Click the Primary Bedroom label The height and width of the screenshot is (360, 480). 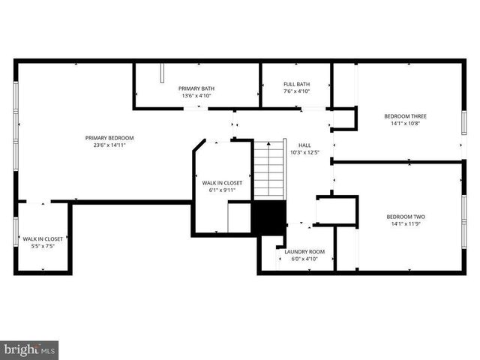pyautogui.click(x=109, y=138)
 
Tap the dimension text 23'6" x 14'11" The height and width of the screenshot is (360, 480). pyautogui.click(x=109, y=145)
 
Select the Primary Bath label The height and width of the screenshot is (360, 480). pyautogui.click(x=196, y=88)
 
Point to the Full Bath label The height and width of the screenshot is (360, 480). pyautogui.click(x=296, y=84)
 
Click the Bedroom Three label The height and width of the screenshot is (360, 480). pyautogui.click(x=405, y=116)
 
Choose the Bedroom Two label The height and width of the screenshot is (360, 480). pyautogui.click(x=405, y=216)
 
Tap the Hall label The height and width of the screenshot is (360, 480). pyautogui.click(x=304, y=145)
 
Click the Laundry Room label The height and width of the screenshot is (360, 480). pyautogui.click(x=304, y=251)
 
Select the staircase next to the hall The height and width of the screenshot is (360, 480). pyautogui.click(x=268, y=169)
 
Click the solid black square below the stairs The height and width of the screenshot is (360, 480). pyautogui.click(x=268, y=218)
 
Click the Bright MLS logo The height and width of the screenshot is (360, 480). pyautogui.click(x=30, y=349)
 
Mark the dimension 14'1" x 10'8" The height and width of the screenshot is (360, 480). pyautogui.click(x=405, y=124)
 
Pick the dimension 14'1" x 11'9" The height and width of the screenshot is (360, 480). pyautogui.click(x=405, y=223)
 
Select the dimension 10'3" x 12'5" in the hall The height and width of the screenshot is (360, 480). pyautogui.click(x=304, y=153)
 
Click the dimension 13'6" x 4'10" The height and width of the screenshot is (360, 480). pyautogui.click(x=196, y=96)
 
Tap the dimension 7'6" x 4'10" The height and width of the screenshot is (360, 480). pyautogui.click(x=296, y=91)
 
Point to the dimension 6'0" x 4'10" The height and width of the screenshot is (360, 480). pyautogui.click(x=304, y=259)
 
